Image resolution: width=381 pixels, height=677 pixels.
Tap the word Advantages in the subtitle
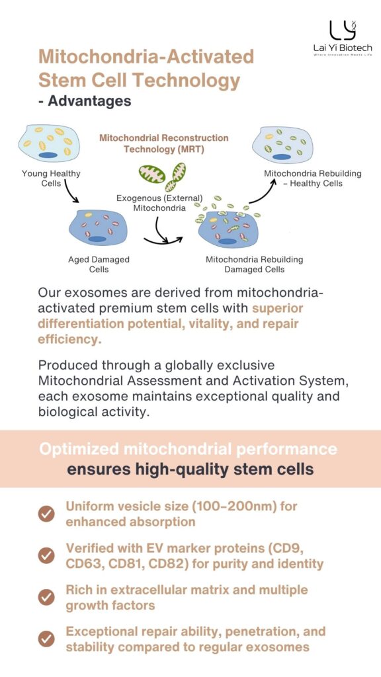click(x=89, y=100)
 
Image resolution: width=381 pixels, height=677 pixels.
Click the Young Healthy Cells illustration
click(x=48, y=143)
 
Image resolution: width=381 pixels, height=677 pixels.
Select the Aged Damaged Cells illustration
click(x=98, y=228)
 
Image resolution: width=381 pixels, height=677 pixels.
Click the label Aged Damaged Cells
click(x=99, y=264)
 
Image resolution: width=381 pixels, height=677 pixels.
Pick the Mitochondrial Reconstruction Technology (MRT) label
click(x=164, y=143)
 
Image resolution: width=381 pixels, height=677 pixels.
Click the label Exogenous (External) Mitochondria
click(x=159, y=203)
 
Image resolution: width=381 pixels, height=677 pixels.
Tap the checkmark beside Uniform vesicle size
click(x=46, y=514)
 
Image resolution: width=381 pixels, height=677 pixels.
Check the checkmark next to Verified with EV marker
click(x=46, y=555)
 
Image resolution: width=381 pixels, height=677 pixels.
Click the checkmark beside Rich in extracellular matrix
click(x=46, y=598)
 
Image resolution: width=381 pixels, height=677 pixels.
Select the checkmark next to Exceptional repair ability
click(x=46, y=639)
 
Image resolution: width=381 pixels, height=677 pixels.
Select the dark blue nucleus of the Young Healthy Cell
click(x=48, y=155)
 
